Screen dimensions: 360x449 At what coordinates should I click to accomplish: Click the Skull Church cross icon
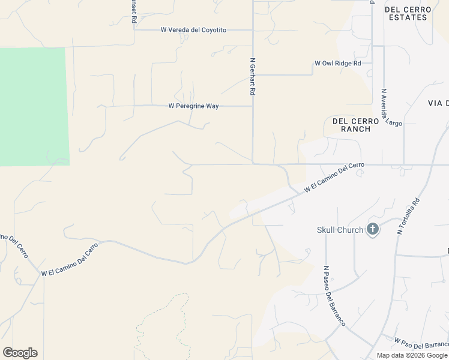pyautogui.click(x=373, y=229)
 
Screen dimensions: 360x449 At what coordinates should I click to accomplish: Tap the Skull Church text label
pyautogui.click(x=340, y=230)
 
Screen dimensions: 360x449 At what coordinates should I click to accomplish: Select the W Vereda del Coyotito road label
pyautogui.click(x=193, y=30)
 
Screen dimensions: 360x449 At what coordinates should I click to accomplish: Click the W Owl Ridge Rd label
pyautogui.click(x=338, y=63)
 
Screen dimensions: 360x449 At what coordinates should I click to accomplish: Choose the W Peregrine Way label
pyautogui.click(x=193, y=106)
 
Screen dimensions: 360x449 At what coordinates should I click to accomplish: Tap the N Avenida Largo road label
pyautogui.click(x=390, y=108)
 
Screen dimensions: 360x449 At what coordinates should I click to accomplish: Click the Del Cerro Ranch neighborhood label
pyautogui.click(x=355, y=125)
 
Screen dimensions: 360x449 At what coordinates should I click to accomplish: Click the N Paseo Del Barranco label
pyautogui.click(x=334, y=295)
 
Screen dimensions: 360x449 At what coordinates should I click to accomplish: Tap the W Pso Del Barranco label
pyautogui.click(x=421, y=343)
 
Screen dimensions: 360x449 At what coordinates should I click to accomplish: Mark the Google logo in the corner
pyautogui.click(x=20, y=353)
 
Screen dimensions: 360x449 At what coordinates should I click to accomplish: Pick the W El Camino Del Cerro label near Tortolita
pyautogui.click(x=334, y=178)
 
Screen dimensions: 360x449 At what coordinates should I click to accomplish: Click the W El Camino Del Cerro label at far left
pyautogui.click(x=69, y=259)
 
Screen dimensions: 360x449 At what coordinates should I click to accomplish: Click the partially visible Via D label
pyautogui.click(x=438, y=103)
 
